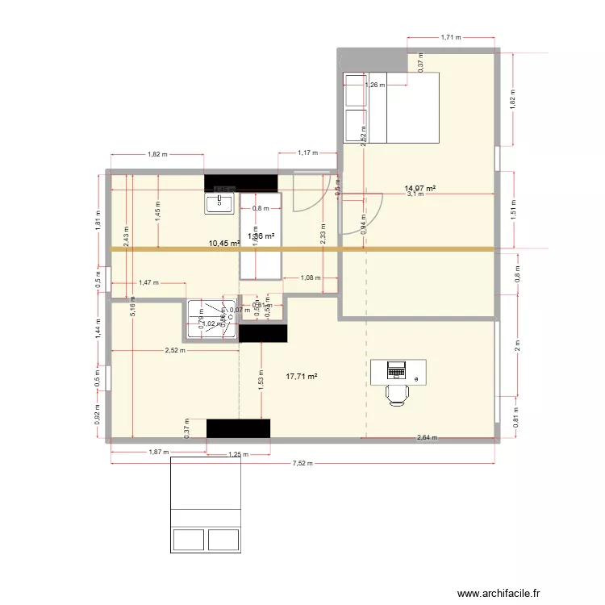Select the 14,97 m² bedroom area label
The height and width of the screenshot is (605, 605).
[x=420, y=188]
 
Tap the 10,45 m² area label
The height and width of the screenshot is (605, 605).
[x=223, y=243]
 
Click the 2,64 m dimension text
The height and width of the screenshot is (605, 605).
[x=427, y=438]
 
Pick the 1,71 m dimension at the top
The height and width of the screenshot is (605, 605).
[x=451, y=37]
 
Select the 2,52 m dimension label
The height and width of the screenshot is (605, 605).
[x=174, y=350]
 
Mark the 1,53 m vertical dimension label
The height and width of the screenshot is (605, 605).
[x=261, y=386]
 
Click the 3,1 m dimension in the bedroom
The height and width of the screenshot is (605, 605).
[x=415, y=194]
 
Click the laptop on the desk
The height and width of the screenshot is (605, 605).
[x=396, y=370]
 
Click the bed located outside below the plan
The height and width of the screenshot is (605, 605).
[x=206, y=504]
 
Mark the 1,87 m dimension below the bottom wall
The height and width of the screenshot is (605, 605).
[x=158, y=453]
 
